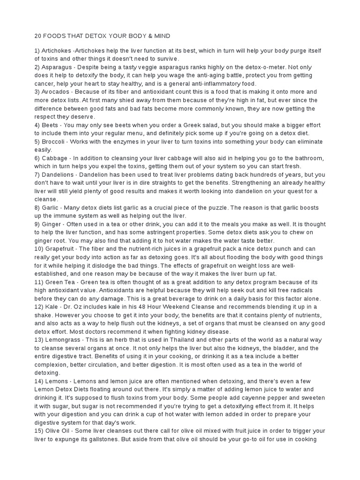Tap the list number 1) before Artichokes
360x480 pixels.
tap(38, 51)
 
